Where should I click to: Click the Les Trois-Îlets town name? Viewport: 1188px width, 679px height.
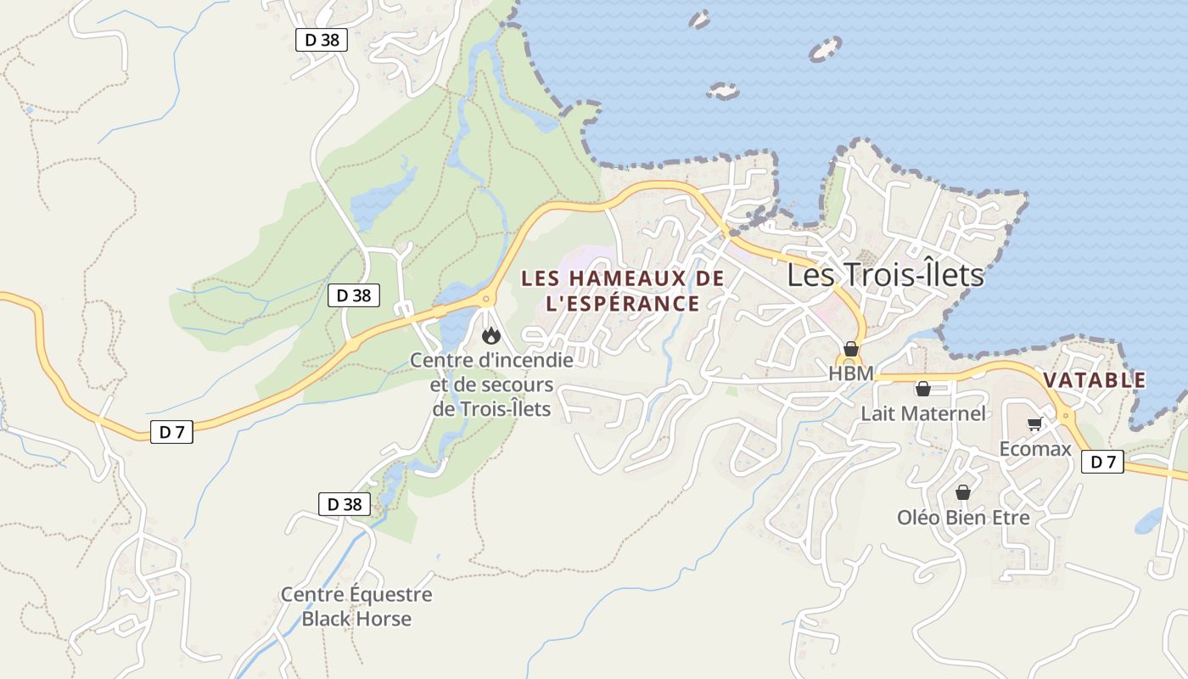click(885, 275)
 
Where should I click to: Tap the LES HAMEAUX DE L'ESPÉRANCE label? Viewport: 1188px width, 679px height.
click(623, 290)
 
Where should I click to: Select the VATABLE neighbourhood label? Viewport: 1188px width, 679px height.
click(1095, 380)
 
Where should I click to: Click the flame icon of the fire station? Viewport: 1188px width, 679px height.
click(490, 336)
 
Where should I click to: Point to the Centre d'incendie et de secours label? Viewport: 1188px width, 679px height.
click(491, 384)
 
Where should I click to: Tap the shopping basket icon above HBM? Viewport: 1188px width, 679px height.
click(851, 350)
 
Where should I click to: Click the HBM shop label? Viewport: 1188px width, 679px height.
click(851, 373)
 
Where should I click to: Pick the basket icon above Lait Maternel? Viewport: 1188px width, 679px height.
click(922, 390)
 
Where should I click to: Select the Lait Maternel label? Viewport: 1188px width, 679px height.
click(923, 413)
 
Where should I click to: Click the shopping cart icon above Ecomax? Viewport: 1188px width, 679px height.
click(1034, 424)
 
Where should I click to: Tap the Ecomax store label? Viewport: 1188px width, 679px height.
click(1035, 448)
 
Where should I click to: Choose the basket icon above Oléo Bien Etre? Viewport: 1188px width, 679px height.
click(963, 492)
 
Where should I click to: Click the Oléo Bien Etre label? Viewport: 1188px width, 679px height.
click(963, 517)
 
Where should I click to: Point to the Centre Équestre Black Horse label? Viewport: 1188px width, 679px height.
click(356, 606)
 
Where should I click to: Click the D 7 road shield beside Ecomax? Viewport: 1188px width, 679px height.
click(1102, 462)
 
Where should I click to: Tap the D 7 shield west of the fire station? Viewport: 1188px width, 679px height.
click(171, 432)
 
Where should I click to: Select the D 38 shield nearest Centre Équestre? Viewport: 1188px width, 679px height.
click(345, 503)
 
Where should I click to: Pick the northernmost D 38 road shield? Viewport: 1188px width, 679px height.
click(322, 39)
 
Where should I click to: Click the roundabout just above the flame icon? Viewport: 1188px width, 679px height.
click(487, 298)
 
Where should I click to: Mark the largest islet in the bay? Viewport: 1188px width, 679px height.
click(825, 50)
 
